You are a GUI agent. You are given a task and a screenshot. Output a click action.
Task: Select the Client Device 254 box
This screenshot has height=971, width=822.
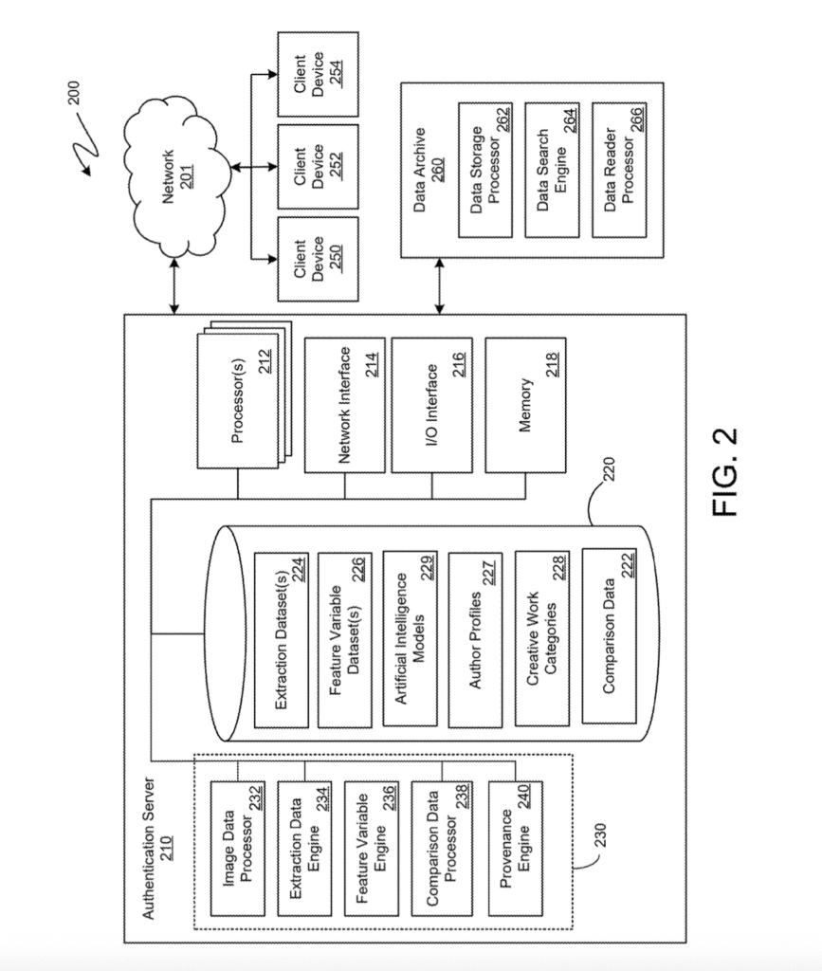click(318, 73)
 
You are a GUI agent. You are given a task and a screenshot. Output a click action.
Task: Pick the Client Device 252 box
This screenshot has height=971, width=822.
click(318, 166)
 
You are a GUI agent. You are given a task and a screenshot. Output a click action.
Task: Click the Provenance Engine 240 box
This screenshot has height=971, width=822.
click(516, 846)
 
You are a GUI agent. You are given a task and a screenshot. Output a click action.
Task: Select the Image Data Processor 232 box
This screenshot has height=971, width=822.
click(236, 846)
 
